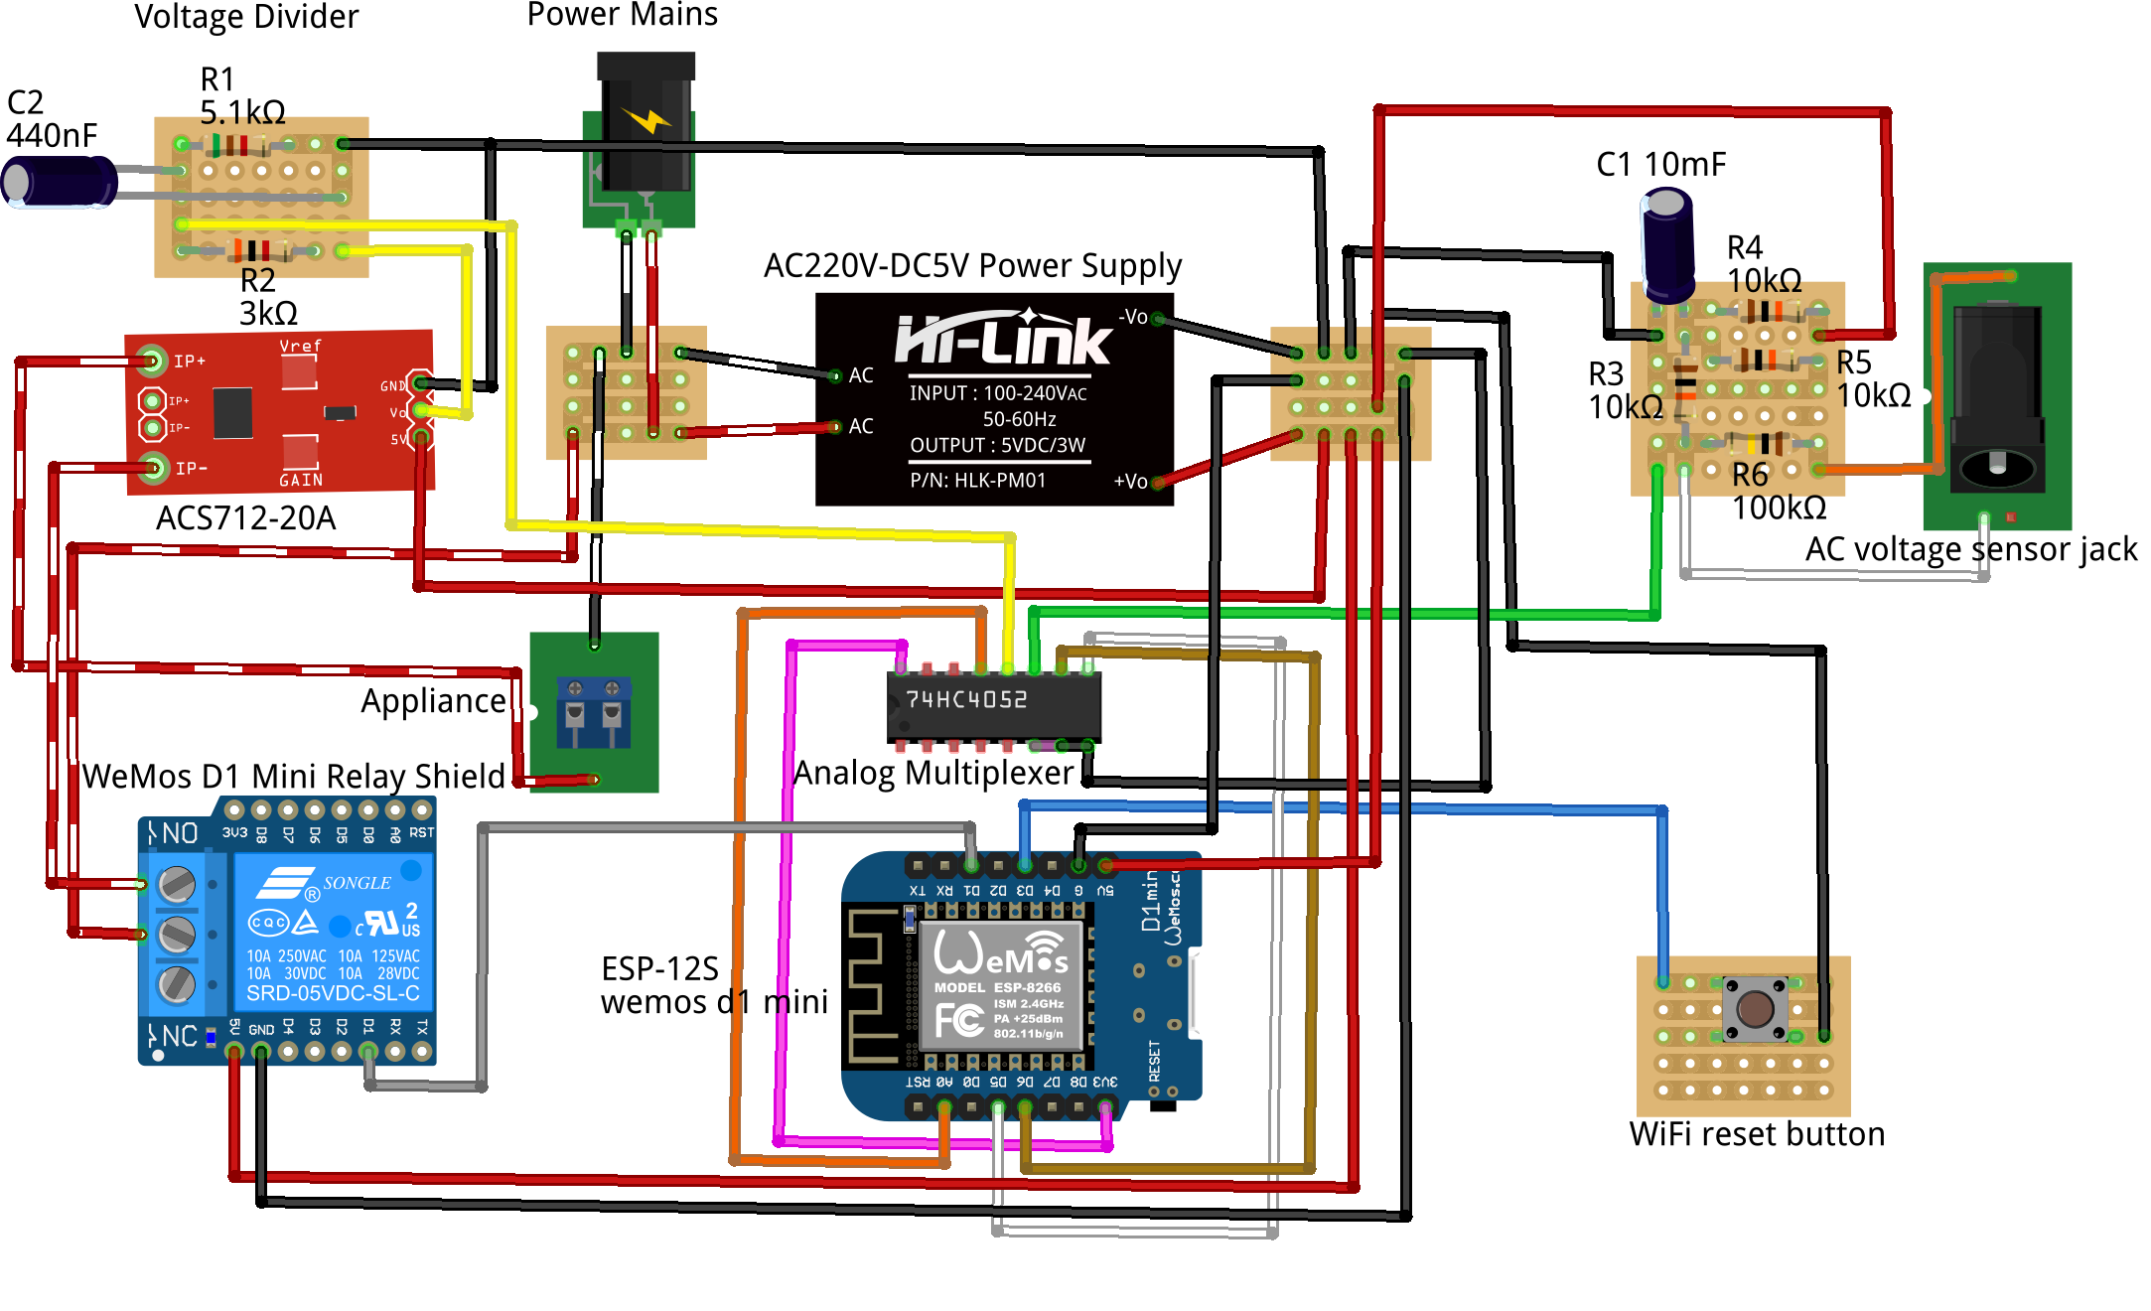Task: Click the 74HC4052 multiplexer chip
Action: pos(993,705)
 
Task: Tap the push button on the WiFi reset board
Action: pos(1755,1009)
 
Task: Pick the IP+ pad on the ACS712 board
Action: pos(152,360)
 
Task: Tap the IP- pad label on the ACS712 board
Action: pos(191,468)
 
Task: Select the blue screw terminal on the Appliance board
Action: pos(593,710)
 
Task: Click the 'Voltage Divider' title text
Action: pos(246,17)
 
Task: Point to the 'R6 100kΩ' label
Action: pos(1779,492)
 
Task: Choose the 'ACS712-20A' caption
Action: pos(245,518)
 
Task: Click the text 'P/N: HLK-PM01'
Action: pos(977,481)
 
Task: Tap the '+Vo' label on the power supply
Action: pos(1130,482)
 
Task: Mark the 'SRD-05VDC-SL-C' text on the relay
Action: pos(333,993)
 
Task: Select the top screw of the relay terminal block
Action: pos(177,883)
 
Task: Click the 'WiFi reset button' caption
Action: pos(1757,1134)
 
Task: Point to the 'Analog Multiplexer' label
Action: pos(933,773)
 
